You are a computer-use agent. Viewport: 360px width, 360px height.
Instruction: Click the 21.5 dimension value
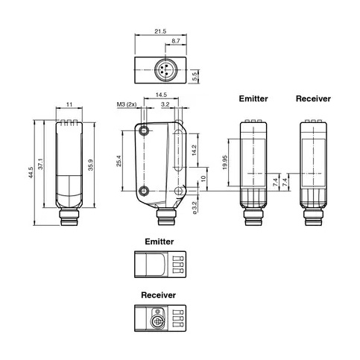(x=160, y=31)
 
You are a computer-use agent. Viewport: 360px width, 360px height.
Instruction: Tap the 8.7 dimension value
(x=176, y=41)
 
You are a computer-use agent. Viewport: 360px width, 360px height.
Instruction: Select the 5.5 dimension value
(x=195, y=76)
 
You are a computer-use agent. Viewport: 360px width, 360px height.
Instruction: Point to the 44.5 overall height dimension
(x=31, y=172)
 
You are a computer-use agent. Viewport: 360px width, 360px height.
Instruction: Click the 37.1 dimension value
(x=40, y=164)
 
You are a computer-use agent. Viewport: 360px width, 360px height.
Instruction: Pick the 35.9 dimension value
(x=91, y=165)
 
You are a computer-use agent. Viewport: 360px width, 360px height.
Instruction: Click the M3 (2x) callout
(x=127, y=104)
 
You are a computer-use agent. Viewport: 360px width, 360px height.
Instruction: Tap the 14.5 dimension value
(x=161, y=95)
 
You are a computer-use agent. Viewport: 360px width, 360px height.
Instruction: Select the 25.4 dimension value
(x=119, y=161)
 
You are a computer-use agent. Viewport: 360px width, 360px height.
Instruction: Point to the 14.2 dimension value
(x=195, y=150)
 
